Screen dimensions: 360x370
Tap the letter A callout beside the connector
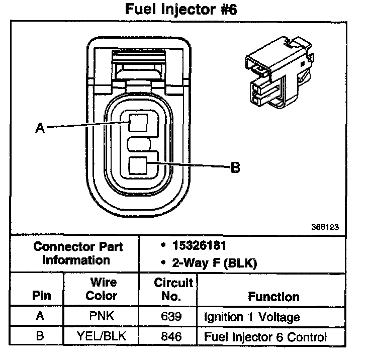click(40, 128)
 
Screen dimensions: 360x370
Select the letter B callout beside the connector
click(235, 168)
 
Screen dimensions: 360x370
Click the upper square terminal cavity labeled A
click(138, 123)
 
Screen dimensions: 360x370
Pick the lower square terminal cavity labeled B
click(138, 166)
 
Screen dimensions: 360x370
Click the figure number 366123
click(325, 227)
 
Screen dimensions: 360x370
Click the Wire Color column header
click(101, 289)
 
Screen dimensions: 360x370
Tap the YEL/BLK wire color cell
click(101, 337)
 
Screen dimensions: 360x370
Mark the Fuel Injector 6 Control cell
click(265, 337)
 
